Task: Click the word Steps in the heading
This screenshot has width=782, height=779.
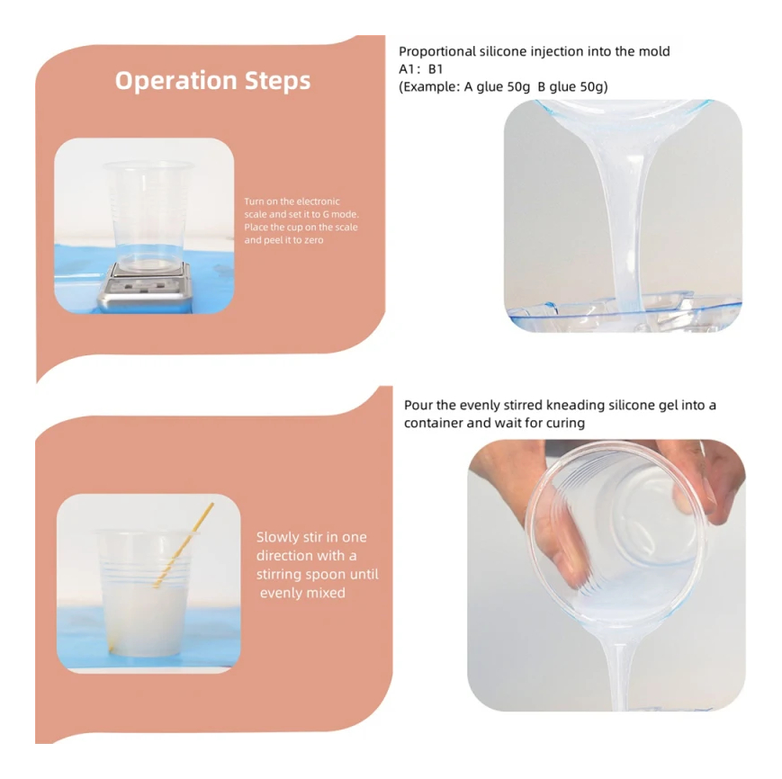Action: pos(278,81)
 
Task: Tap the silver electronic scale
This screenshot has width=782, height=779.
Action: pos(146,288)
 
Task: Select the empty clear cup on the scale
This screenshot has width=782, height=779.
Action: pos(148,215)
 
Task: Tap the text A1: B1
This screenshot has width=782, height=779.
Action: pos(421,68)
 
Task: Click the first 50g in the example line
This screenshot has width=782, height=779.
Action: pos(518,86)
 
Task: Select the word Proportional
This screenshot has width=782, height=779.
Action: pos(437,52)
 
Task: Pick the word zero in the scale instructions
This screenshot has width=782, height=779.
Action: pos(314,240)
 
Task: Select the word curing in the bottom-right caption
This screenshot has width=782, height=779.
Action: pos(565,423)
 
